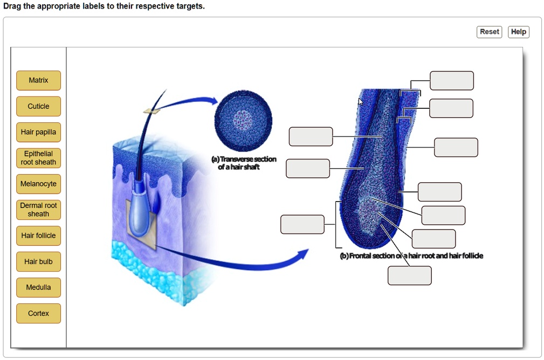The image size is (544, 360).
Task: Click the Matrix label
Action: [x=38, y=80]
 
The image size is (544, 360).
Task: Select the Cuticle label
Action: [x=38, y=106]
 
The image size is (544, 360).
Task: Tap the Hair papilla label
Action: [x=38, y=132]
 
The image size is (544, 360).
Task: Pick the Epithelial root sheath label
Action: [x=38, y=158]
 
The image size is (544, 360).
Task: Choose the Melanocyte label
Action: [x=38, y=184]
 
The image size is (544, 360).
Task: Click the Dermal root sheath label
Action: [x=38, y=210]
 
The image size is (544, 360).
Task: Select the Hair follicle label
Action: [x=38, y=236]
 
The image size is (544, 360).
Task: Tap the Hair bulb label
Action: [x=38, y=261]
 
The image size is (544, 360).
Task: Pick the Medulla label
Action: [x=38, y=287]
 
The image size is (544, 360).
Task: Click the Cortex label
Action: [x=38, y=313]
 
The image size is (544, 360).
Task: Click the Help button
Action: [x=519, y=32]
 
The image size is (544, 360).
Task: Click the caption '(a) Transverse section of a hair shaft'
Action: [x=244, y=163]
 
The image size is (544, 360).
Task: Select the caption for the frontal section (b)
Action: [x=411, y=256]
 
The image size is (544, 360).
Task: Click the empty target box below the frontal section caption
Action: [x=409, y=275]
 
